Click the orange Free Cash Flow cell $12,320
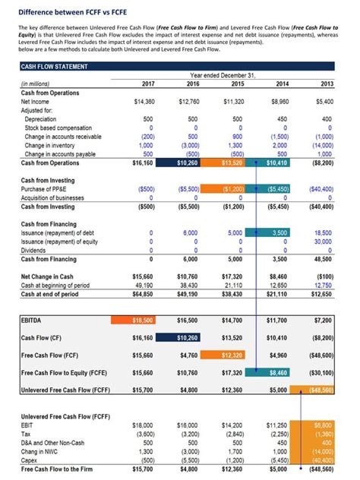pos(232,354)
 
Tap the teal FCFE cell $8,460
pos(278,373)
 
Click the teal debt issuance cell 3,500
pos(278,232)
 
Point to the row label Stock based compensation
pos(58,128)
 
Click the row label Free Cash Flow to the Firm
pos(60,469)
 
